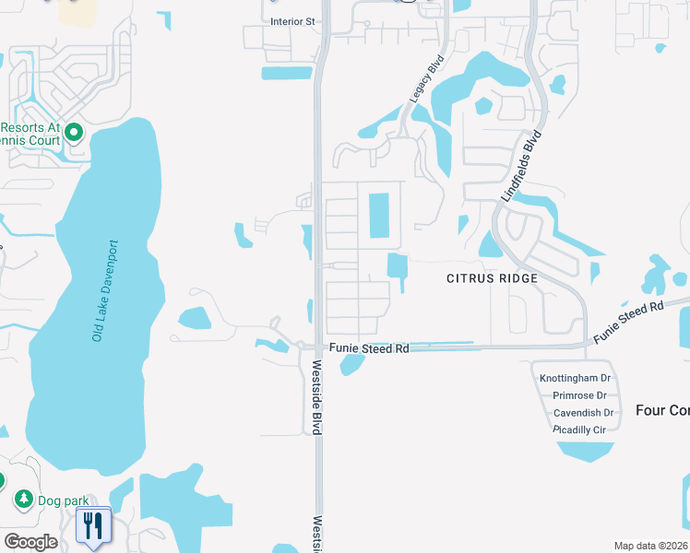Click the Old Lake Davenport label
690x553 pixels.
pos(105,291)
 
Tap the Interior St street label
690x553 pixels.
pos(292,20)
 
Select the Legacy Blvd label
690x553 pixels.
pos(426,78)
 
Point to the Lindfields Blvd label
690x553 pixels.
pos(520,166)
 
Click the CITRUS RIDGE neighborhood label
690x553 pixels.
pos(492,277)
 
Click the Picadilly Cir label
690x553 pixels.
pos(579,430)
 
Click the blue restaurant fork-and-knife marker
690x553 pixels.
pos(93,527)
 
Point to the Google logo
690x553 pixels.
pos(30,542)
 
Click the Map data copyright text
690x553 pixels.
pos(651,546)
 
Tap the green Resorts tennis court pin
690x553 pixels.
pos(74,134)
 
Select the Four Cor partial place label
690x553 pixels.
pos(662,410)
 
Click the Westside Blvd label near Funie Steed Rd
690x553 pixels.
pos(316,396)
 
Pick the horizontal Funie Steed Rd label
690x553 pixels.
pos(369,349)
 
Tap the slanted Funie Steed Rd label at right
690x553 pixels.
pos(629,320)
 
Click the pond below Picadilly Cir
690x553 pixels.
pos(585,452)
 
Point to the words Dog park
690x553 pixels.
pos(54,500)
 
